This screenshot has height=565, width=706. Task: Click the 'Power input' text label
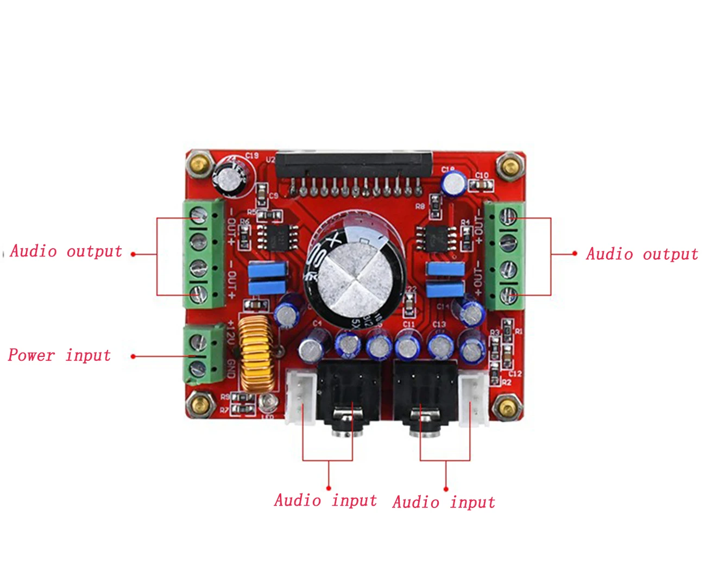59,355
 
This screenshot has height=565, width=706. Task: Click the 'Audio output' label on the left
66,252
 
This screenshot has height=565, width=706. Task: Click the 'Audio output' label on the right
642,254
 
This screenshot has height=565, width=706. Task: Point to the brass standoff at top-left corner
200,164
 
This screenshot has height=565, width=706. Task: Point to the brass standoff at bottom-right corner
506,408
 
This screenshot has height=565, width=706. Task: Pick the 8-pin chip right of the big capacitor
437,238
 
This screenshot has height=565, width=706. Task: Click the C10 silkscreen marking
482,175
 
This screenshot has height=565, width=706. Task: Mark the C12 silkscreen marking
515,373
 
